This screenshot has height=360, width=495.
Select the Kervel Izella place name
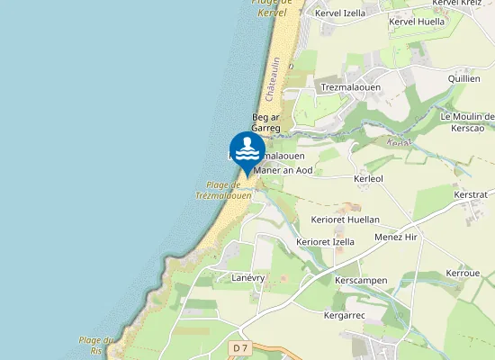click(x=339, y=13)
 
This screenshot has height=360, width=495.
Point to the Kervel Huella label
click(x=418, y=21)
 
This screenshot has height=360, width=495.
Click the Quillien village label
click(x=465, y=79)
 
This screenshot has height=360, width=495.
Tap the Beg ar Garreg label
click(x=266, y=122)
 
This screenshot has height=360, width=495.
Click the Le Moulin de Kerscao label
click(x=467, y=121)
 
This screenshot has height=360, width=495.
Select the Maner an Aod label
click(x=284, y=170)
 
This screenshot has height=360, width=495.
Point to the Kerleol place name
click(x=369, y=179)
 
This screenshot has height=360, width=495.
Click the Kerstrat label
click(x=471, y=194)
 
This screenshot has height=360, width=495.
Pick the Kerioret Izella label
click(x=326, y=242)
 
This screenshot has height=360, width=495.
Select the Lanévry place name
click(x=247, y=278)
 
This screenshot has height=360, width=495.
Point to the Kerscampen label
click(x=361, y=281)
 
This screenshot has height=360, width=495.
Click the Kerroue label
click(x=463, y=273)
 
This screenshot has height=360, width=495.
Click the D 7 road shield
click(x=238, y=347)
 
